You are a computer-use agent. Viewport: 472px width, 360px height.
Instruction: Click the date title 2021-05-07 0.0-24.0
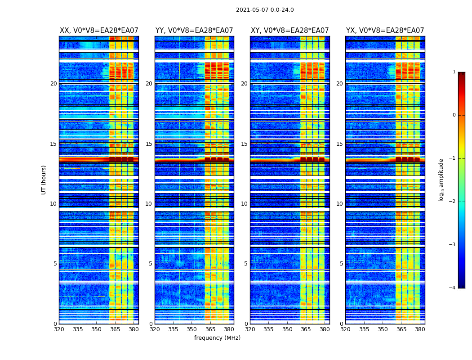pos(265,10)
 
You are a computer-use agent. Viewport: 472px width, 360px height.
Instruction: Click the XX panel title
pos(99,31)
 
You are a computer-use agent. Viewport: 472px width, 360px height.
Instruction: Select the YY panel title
pos(194,31)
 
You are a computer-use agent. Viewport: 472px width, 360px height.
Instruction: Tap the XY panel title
pos(289,31)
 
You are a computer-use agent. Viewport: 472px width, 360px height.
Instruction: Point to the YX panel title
pos(385,31)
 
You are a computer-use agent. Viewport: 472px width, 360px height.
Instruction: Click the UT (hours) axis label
pos(44,180)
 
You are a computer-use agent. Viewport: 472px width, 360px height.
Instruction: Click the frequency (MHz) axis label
pos(217,338)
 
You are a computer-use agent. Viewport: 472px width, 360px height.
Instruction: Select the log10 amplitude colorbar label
pos(441,180)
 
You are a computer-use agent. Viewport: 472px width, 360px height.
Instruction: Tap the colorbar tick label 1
pos(454,72)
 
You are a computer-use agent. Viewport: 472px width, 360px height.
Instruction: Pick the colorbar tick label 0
pos(454,115)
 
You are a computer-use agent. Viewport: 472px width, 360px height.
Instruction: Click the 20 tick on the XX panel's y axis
pos(53,84)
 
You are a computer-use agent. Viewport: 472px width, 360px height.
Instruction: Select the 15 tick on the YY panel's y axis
pos(149,144)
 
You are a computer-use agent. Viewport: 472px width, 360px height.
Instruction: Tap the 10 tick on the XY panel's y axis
pos(244,204)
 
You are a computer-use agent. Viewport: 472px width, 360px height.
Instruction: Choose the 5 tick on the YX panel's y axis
pos(341,264)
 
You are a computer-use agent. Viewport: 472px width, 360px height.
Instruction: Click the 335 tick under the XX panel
pos(78,329)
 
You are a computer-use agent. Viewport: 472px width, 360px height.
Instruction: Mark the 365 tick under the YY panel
pos(210,329)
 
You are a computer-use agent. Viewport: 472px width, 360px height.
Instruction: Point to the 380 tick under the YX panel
pos(420,329)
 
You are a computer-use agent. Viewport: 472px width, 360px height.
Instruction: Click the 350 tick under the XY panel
pos(287,329)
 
